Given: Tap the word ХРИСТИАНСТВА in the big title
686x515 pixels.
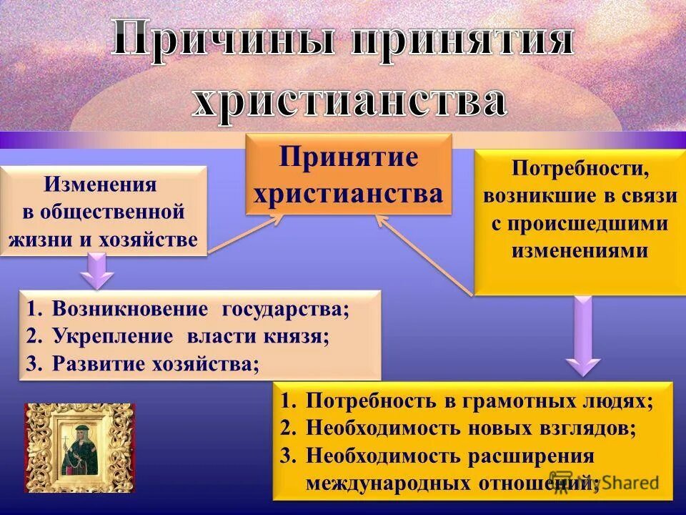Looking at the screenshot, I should pos(349,99).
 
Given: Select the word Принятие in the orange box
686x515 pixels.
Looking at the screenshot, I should pos(349,157).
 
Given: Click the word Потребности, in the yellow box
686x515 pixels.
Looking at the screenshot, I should pos(580,170).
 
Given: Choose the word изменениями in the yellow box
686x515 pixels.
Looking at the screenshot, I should pos(580,250).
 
